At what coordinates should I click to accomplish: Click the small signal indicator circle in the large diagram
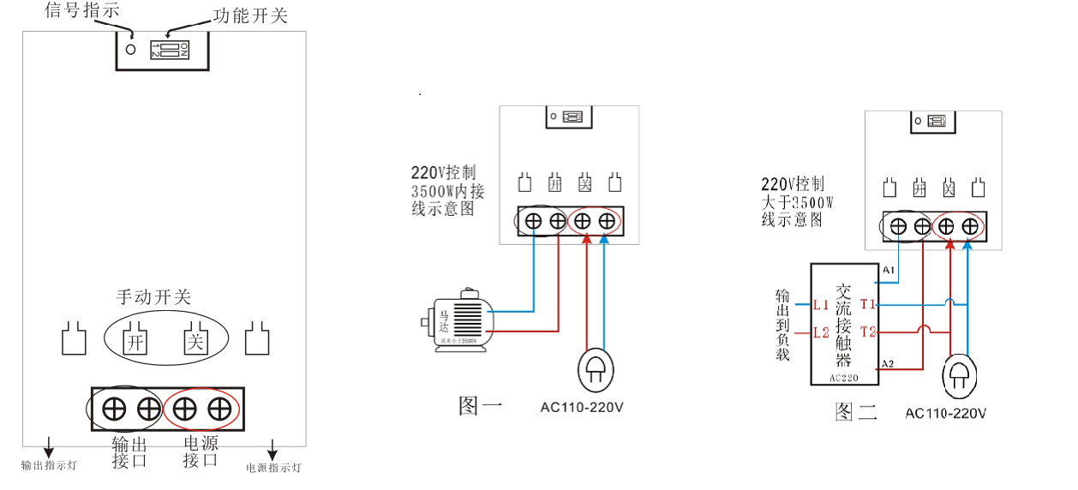131,49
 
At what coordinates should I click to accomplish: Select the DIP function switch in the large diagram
168,49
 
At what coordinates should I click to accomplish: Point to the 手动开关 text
153,297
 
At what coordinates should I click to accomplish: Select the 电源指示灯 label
273,468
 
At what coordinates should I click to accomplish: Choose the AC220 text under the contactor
844,377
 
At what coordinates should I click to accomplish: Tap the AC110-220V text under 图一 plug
582,407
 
